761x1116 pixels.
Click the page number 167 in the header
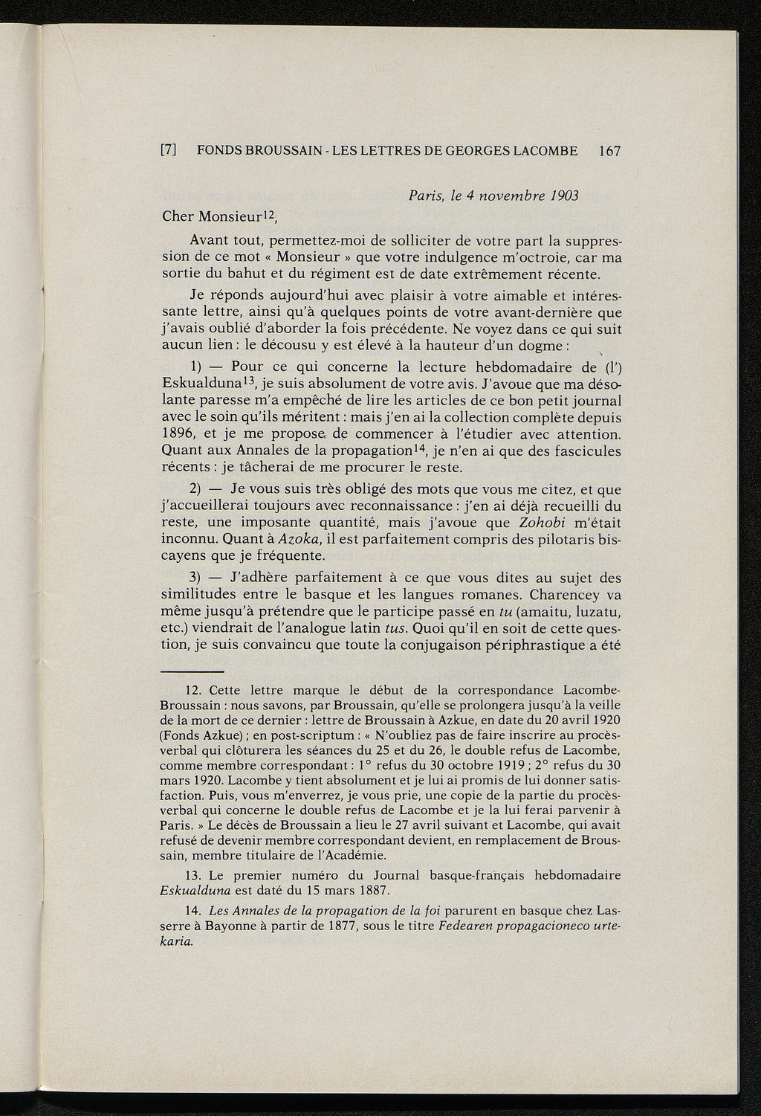[609, 151]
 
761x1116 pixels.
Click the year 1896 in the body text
[178, 433]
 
